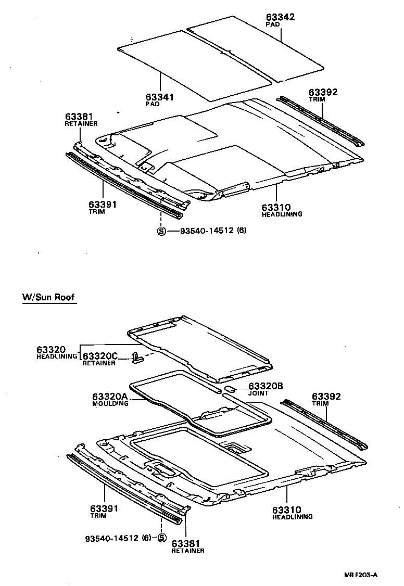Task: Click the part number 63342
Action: (x=280, y=17)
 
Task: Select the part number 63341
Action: (x=160, y=97)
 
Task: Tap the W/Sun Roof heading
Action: (x=48, y=298)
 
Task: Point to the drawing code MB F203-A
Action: (x=360, y=575)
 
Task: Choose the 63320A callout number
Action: (x=110, y=397)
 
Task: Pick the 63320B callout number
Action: (x=266, y=386)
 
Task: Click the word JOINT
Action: (x=259, y=393)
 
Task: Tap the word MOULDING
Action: (x=110, y=404)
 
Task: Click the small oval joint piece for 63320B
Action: (x=231, y=388)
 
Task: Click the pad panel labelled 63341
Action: (x=195, y=65)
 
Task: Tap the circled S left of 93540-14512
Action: (x=161, y=231)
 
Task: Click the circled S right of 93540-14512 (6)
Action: (x=161, y=538)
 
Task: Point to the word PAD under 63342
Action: (x=272, y=24)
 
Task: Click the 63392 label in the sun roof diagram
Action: (x=327, y=397)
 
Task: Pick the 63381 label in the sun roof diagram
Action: (x=188, y=543)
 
